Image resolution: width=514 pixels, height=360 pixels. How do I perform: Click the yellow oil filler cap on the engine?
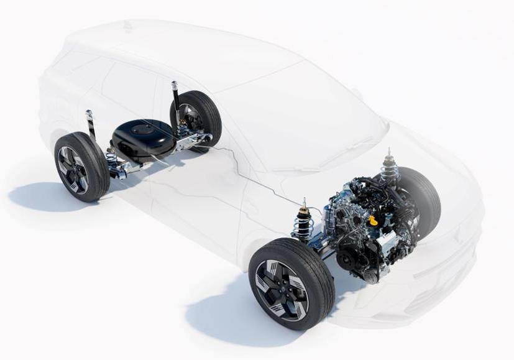pos(373,220)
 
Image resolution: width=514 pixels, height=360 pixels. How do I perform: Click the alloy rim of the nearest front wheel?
pos(282,288)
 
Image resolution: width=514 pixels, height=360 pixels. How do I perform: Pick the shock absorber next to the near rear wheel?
pos(91,127)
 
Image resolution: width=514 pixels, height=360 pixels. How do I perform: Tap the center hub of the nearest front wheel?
pos(281,289)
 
